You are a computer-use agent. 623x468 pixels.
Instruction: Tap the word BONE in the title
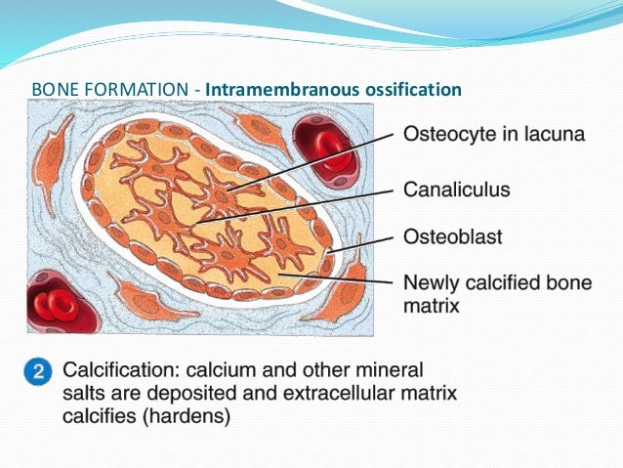pyautogui.click(x=54, y=90)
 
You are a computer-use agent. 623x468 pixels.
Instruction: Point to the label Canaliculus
pyautogui.click(x=457, y=190)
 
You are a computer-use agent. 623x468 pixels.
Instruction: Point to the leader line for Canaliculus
pyautogui.click(x=293, y=205)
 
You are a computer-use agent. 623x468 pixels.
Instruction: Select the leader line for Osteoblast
pyautogui.click(x=361, y=243)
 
